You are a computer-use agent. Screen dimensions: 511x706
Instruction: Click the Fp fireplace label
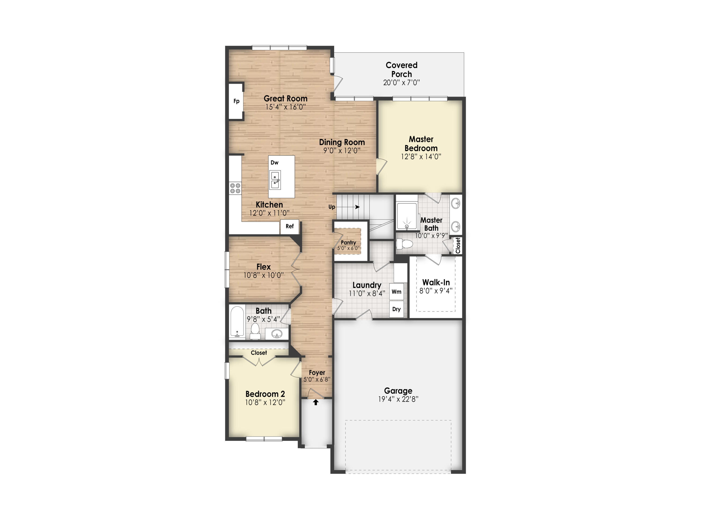[236, 101]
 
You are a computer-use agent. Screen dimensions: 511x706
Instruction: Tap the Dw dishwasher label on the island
[274, 163]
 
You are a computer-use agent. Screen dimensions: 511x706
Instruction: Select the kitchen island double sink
[275, 180]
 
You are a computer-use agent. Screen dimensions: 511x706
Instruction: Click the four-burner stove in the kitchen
[235, 188]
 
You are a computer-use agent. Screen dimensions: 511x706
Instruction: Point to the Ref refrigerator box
[289, 226]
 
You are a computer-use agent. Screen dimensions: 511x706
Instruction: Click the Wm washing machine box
[396, 292]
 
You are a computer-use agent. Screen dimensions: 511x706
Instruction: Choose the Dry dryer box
[396, 309]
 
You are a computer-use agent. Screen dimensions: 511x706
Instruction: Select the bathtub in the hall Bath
[237, 322]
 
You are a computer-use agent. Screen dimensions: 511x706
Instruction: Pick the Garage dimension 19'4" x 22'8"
[398, 399]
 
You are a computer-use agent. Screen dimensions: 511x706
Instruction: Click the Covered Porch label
[401, 70]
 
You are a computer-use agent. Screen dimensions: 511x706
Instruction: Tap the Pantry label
[348, 242]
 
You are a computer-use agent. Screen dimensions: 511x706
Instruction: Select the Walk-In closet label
[436, 282]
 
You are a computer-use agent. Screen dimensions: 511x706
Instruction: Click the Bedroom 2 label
[265, 394]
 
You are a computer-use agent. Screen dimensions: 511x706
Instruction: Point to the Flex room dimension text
[264, 275]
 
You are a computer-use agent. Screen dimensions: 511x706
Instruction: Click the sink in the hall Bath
[277, 334]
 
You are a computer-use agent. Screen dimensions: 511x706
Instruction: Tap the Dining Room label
[342, 142]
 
